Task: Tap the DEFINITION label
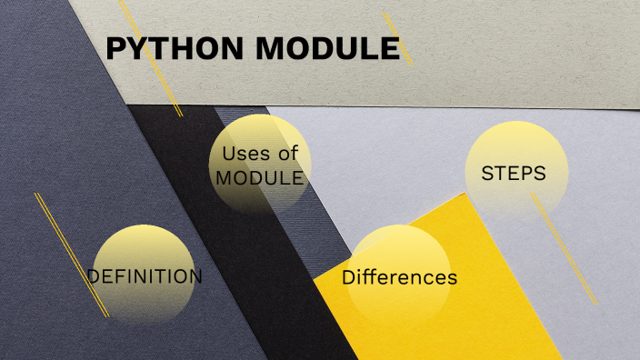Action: coord(144,276)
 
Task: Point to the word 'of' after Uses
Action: coord(289,154)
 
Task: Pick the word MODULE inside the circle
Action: coord(259,178)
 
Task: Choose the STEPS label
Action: coord(514,173)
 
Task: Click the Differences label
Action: coord(399,277)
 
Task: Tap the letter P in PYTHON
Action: coord(115,49)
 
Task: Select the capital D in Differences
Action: coord(348,277)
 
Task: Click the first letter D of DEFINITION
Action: coord(94,276)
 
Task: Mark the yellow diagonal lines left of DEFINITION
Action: coord(71,255)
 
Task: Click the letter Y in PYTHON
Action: coord(137,49)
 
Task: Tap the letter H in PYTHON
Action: coord(181,49)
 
